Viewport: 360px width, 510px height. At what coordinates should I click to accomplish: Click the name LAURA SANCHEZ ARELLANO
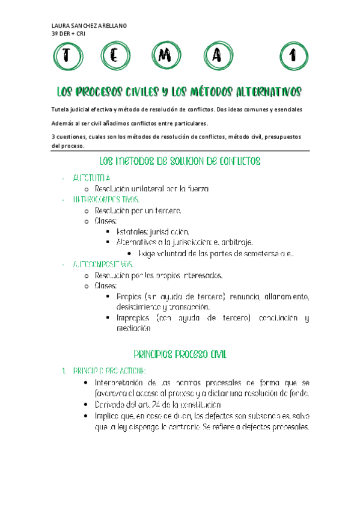pyautogui.click(x=90, y=25)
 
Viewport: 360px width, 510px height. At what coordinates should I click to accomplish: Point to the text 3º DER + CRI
pyautogui.click(x=69, y=33)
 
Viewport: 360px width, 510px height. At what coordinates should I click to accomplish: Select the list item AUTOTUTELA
pyautogui.click(x=91, y=178)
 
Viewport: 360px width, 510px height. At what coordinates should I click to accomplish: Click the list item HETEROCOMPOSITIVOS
pyautogui.click(x=107, y=199)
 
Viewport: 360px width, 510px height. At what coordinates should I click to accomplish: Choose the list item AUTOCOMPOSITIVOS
pyautogui.click(x=103, y=264)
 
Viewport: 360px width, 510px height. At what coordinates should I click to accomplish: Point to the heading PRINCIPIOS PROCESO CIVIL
pyautogui.click(x=179, y=354)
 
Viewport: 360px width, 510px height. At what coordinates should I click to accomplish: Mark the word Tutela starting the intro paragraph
pyautogui.click(x=63, y=109)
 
